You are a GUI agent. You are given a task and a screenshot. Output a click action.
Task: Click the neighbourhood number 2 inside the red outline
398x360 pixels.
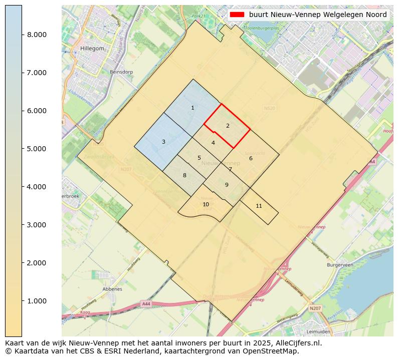pos(228,126)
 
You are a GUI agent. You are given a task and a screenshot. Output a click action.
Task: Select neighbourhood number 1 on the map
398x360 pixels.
pos(192,108)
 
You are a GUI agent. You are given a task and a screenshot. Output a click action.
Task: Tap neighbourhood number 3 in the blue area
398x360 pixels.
pos(163,142)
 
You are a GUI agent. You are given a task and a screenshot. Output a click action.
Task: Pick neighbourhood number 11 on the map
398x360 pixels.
pos(259,206)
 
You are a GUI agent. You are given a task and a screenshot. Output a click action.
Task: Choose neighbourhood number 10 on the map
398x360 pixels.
pos(206,204)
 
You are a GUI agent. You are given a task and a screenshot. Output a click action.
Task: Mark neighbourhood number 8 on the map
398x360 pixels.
pos(184,175)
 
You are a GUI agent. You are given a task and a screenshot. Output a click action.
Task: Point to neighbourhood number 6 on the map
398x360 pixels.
pos(251,158)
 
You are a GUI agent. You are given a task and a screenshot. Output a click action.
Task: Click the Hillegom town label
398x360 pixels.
pos(92,49)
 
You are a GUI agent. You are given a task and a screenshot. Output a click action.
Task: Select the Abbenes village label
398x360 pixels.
pos(112,289)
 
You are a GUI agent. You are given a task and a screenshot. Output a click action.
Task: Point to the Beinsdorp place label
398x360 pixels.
pos(121,72)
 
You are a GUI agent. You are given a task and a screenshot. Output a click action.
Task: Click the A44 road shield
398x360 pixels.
pos(146,304)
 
